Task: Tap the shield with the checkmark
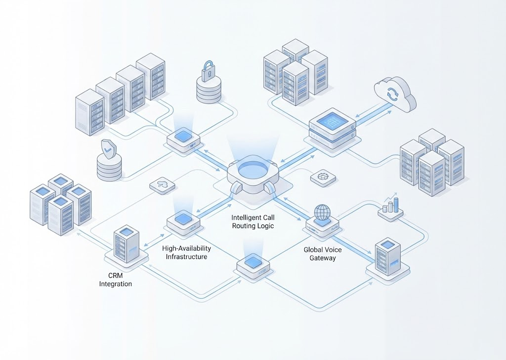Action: tap(108, 148)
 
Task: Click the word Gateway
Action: tap(323, 258)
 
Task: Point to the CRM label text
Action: tap(115, 275)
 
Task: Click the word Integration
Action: tap(116, 284)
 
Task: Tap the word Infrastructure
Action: tap(186, 257)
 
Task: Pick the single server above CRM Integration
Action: tap(126, 244)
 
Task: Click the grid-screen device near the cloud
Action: tap(332, 124)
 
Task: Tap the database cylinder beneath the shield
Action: tap(109, 168)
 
